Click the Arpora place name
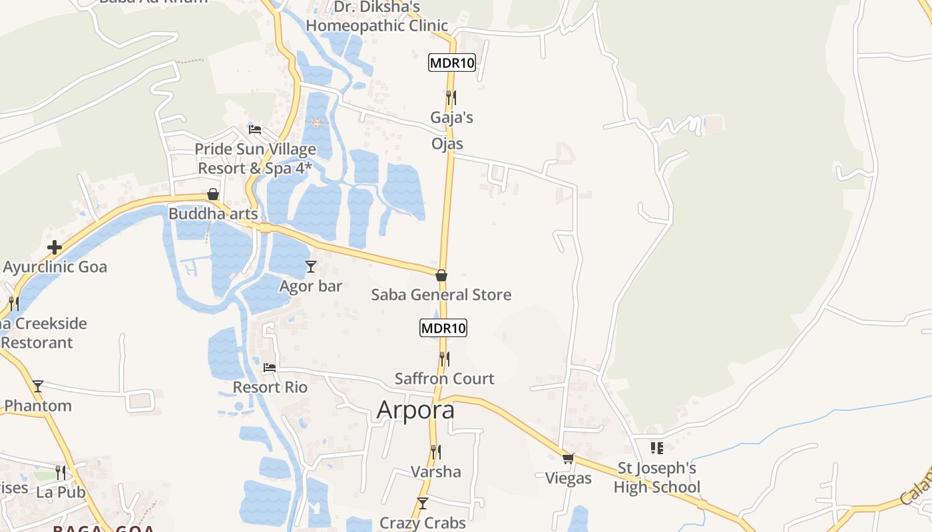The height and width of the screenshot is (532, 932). pos(415,410)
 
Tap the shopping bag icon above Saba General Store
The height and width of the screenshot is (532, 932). pos(441,275)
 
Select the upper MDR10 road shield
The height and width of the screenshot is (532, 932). pos(452,63)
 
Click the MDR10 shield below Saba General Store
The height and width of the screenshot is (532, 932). pos(443,328)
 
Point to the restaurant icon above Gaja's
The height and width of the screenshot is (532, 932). pos(451,98)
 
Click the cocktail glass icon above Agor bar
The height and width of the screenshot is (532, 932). pos(310,267)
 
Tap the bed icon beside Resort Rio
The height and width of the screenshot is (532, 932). pos(270,367)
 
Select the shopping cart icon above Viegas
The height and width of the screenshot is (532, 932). pos(568,458)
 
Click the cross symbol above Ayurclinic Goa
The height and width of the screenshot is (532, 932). pos(55,248)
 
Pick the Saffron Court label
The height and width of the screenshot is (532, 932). pos(444,378)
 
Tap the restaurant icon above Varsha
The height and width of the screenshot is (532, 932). pos(435,452)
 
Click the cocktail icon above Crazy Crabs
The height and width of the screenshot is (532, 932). pos(422,503)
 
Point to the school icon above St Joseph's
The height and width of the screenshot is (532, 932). pos(657,448)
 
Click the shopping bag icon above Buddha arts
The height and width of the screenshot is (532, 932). pos(213,195)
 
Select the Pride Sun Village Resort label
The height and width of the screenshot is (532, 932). pos(255,158)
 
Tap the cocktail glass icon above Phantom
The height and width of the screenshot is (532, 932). pos(38,386)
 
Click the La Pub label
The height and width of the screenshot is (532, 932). pos(61,492)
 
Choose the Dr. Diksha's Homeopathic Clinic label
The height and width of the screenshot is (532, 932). pos(377,17)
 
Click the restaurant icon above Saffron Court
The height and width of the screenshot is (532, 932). pos(444,359)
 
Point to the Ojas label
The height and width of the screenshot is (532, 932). pos(447,144)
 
